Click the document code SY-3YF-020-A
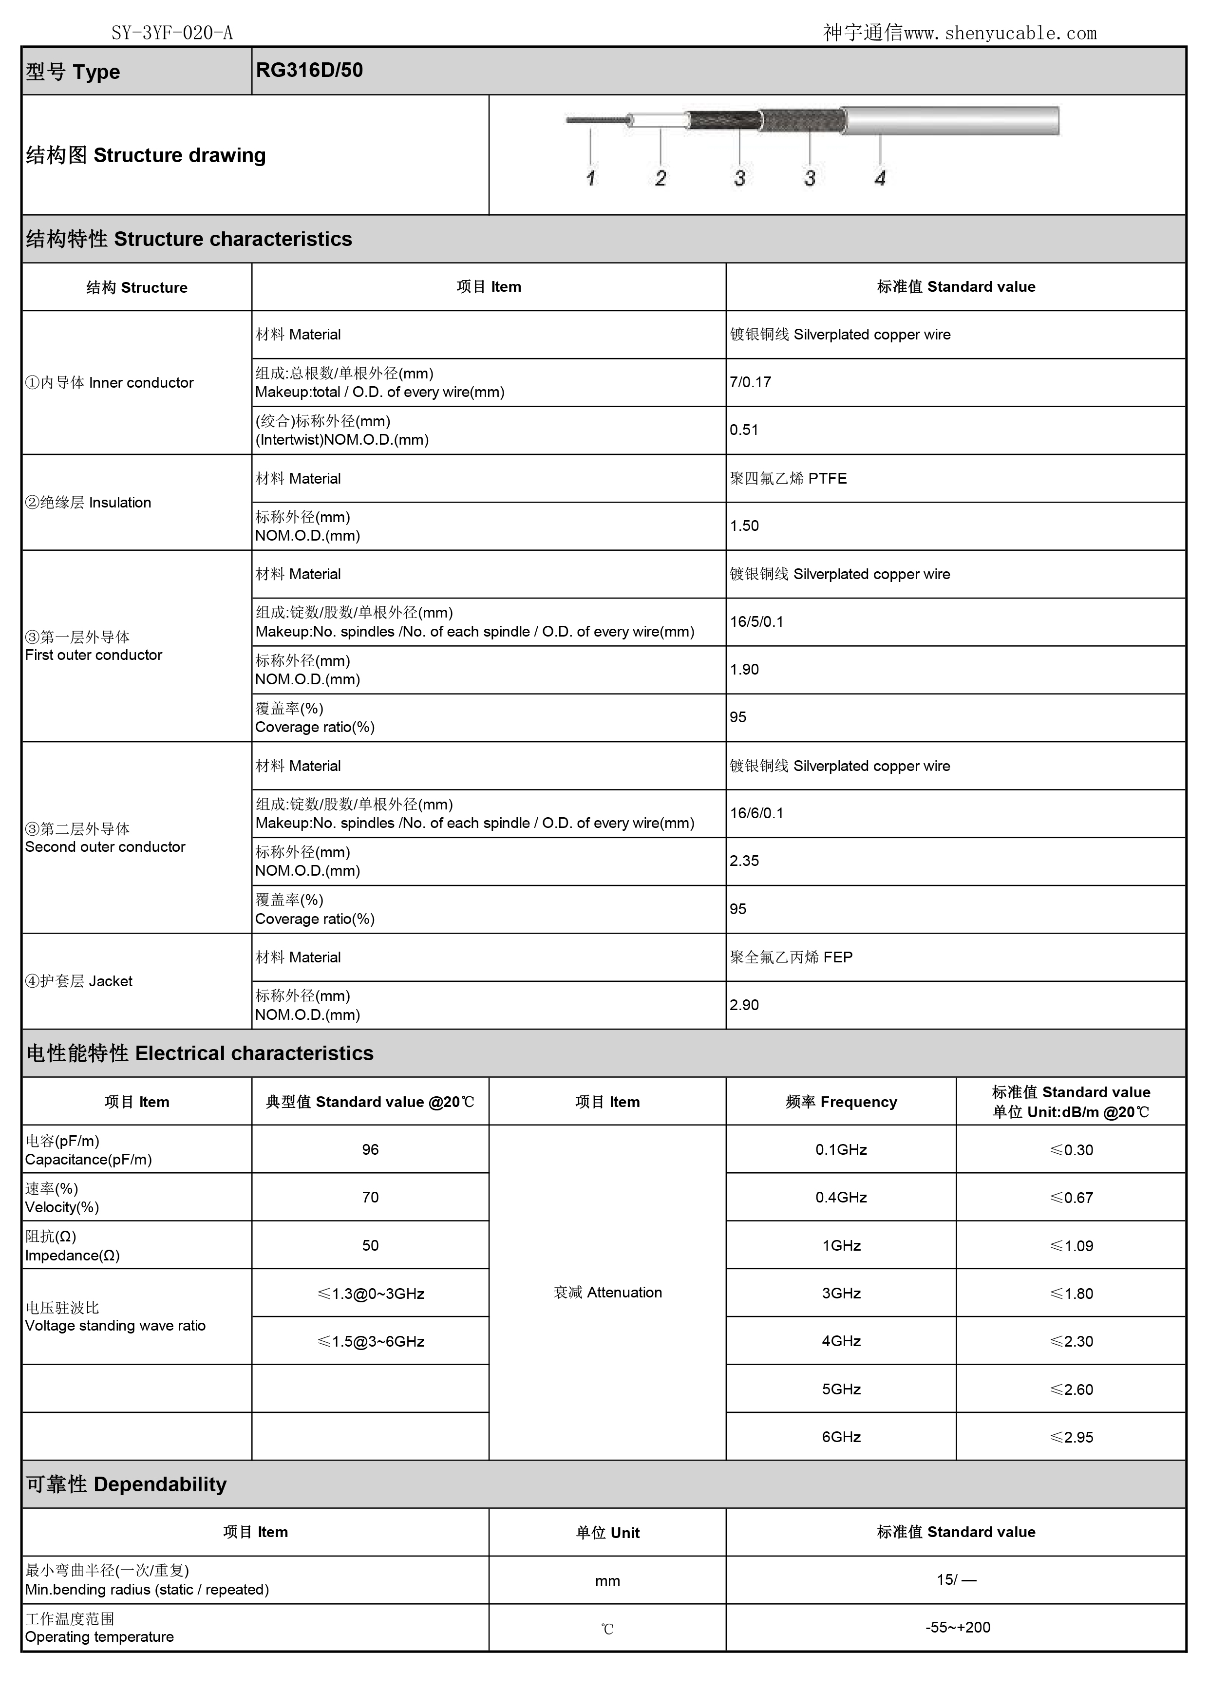(x=172, y=33)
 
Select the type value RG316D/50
(x=309, y=71)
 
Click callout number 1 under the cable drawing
(x=591, y=179)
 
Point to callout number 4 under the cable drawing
(x=880, y=179)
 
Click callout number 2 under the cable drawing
(x=661, y=179)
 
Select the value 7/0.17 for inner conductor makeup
(x=751, y=382)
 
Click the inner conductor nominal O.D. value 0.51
(x=744, y=430)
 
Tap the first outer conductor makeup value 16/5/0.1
(x=756, y=622)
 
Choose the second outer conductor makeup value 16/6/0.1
(x=756, y=813)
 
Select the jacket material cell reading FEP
(x=791, y=957)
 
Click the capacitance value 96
(x=370, y=1149)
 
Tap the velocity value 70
(x=370, y=1197)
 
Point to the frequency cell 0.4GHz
(x=841, y=1197)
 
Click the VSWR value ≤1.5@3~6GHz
(x=370, y=1341)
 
